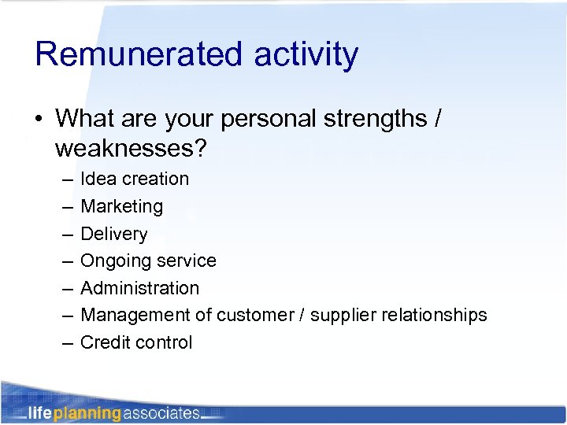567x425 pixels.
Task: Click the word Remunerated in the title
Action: coord(139,54)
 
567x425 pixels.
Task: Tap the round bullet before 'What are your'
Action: coord(39,120)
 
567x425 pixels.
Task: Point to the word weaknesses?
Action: coord(133,147)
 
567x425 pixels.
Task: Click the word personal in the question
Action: coord(259,120)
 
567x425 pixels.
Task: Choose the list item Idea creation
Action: coord(135,179)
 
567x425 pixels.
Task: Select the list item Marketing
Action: coord(122,206)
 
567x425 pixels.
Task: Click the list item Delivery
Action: coord(114,234)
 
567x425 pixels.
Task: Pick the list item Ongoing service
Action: coord(148,261)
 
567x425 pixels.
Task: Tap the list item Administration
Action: coord(140,288)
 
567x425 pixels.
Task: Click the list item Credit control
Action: coord(136,342)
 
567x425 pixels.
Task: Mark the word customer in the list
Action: coord(252,315)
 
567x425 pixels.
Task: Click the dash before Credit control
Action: coord(66,342)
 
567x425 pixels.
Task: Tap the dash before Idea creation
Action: coord(66,179)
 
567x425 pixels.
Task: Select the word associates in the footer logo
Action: coord(161,412)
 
